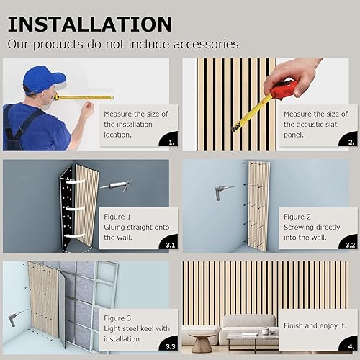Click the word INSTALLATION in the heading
click(90, 23)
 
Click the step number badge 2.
click(351, 143)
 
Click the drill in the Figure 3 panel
click(14, 320)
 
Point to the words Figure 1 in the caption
click(119, 216)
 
